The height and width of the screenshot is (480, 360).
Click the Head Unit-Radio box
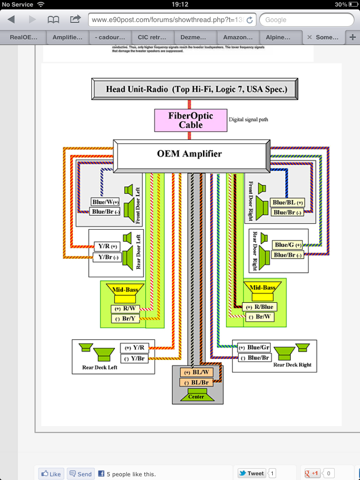(x=196, y=89)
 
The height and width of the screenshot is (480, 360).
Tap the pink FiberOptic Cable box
(x=190, y=120)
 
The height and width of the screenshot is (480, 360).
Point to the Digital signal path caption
(x=248, y=120)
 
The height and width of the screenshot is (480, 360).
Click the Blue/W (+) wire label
(x=105, y=202)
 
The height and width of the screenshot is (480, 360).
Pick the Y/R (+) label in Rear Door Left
(x=106, y=246)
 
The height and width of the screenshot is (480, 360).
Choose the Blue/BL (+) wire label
(x=287, y=202)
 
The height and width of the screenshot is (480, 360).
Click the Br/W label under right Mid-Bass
(x=260, y=317)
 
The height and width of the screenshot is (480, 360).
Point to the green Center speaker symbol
(x=196, y=397)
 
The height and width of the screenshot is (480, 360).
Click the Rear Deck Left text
(x=99, y=367)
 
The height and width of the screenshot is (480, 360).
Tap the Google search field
(x=307, y=20)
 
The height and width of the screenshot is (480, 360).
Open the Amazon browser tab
(x=238, y=37)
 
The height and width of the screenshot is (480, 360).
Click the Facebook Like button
(x=51, y=474)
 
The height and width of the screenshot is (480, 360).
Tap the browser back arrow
(x=11, y=20)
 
